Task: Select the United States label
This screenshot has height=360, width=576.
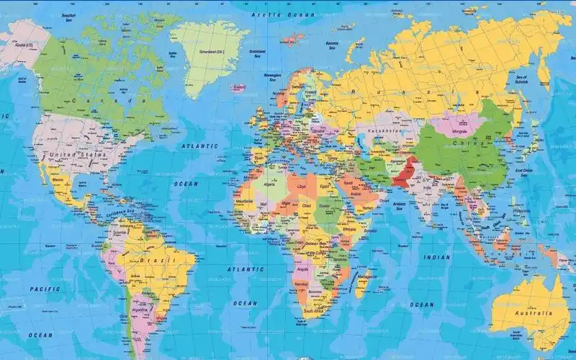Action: point(76,154)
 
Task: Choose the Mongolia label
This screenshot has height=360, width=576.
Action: point(459,132)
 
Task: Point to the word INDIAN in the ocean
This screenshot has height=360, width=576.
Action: point(436,257)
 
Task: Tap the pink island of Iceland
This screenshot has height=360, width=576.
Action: point(238,86)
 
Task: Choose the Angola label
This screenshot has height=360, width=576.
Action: point(302,267)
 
